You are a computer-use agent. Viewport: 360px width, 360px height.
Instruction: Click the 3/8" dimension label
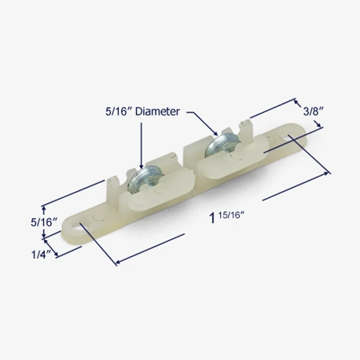pyautogui.click(x=312, y=112)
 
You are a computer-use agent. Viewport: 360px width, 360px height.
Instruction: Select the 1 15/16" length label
pyautogui.click(x=227, y=218)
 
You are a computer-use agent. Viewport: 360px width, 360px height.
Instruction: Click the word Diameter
pyautogui.click(x=157, y=112)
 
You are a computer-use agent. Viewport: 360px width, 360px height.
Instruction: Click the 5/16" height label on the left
pyautogui.click(x=44, y=222)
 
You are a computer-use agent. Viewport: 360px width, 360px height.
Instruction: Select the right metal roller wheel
pyautogui.click(x=218, y=147)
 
